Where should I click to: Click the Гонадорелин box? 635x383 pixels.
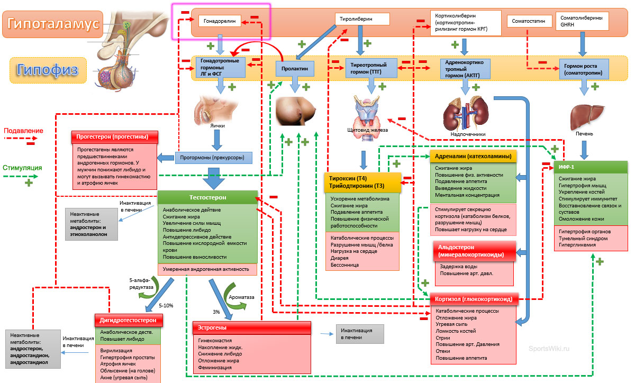point(220,21)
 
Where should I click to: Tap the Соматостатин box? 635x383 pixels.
point(529,21)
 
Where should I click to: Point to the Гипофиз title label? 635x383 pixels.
point(48,69)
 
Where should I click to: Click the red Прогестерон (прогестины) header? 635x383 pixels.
point(115,136)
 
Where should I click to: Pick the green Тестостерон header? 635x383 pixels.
point(207,197)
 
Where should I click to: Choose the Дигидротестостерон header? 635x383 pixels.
point(129,320)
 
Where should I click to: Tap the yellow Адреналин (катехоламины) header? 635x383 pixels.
point(473,156)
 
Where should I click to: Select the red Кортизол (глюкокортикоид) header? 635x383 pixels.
point(473,299)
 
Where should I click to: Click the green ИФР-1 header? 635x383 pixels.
point(591,167)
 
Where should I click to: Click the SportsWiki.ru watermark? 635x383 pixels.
point(550,349)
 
